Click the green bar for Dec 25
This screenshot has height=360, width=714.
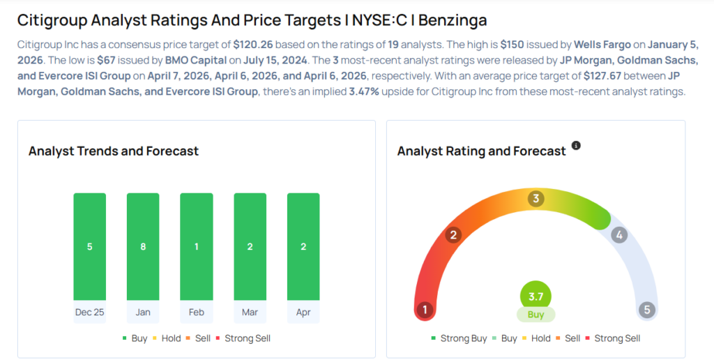(89, 246)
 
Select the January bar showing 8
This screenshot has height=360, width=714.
(143, 246)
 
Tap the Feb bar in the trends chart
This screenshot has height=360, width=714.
(197, 246)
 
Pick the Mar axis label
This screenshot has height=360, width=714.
(250, 312)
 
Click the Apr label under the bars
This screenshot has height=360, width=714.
(303, 312)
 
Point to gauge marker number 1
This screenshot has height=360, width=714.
(425, 310)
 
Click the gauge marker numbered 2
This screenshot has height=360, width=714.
(453, 234)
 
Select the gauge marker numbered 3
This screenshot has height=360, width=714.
(535, 199)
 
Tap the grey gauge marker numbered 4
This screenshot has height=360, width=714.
(618, 235)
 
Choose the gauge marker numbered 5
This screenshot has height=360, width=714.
(647, 310)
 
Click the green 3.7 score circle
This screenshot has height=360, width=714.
(535, 297)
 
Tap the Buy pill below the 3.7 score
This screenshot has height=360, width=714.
(535, 315)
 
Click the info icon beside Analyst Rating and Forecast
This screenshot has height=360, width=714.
(576, 146)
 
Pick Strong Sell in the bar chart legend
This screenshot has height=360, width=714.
(243, 338)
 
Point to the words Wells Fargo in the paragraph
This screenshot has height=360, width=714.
(602, 43)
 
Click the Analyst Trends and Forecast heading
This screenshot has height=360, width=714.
(114, 151)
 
